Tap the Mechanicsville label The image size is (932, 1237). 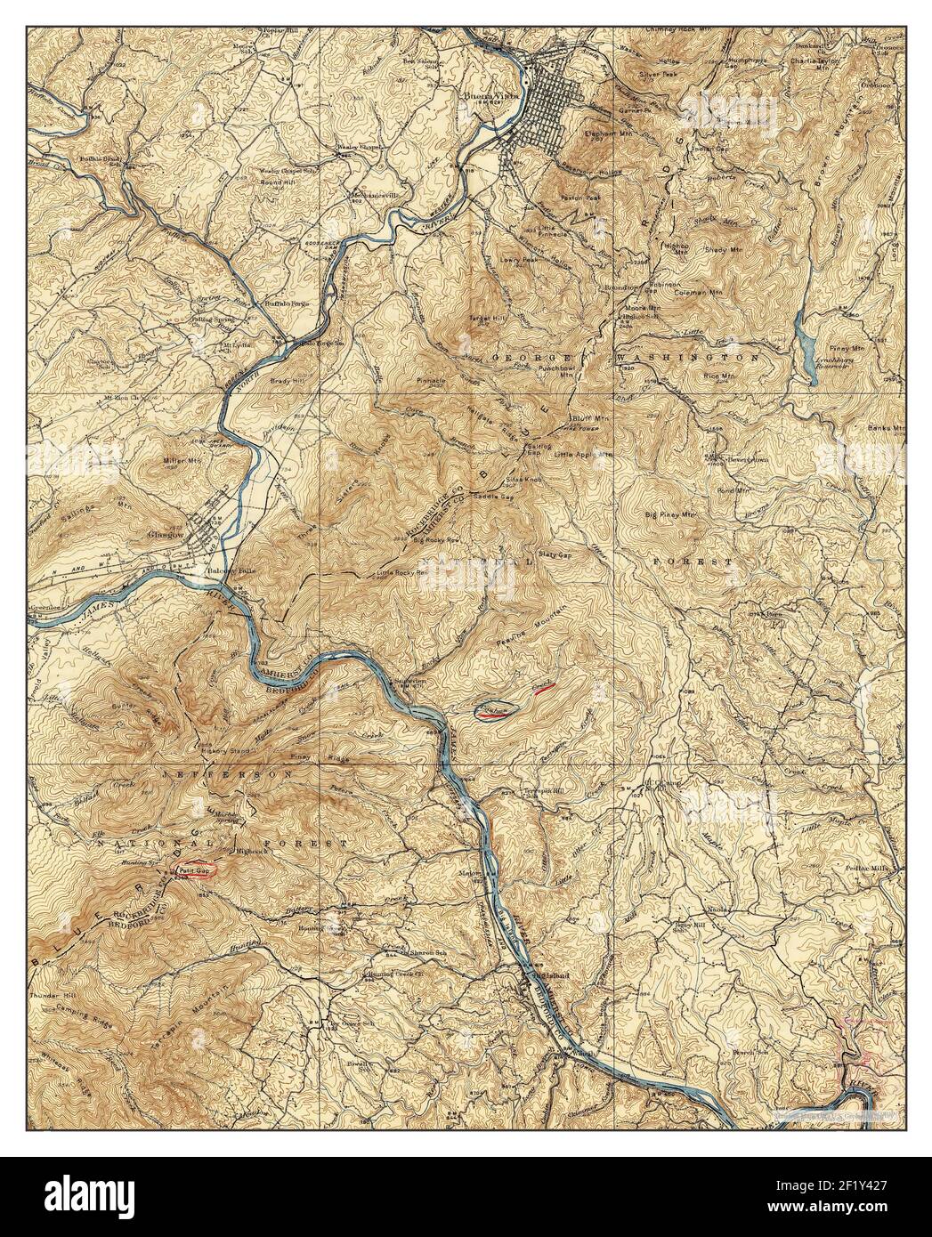[x=375, y=193]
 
